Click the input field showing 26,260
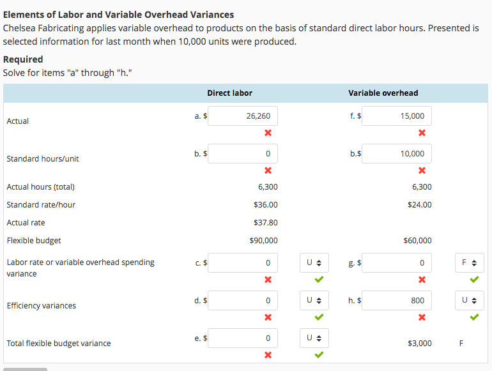(x=243, y=116)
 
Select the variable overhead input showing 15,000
(x=397, y=116)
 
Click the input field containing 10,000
(x=397, y=154)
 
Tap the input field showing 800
(x=397, y=300)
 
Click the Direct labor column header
(x=229, y=93)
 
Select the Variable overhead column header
(x=383, y=93)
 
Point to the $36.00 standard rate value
(x=265, y=205)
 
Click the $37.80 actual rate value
(x=265, y=223)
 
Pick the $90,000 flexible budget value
(x=263, y=241)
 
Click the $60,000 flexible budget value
(x=417, y=241)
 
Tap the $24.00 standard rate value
(x=419, y=205)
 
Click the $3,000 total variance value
(x=419, y=344)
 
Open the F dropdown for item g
(x=469, y=262)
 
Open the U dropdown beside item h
(x=469, y=300)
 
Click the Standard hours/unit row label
(x=43, y=158)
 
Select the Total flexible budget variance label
(x=59, y=344)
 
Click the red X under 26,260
(x=268, y=133)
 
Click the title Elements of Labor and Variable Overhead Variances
(x=118, y=14)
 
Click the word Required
(x=23, y=59)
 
